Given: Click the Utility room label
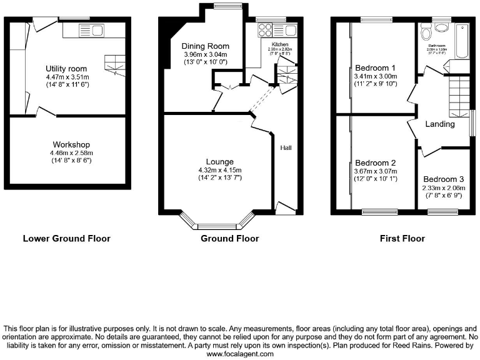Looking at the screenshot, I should point(66,68).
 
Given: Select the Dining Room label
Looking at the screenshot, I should point(206,46).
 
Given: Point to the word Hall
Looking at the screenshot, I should point(286,147).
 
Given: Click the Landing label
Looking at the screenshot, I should point(440,124).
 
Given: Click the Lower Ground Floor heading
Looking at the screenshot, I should point(66,238).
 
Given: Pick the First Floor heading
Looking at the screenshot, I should point(402,238).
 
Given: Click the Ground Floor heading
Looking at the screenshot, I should point(229,238).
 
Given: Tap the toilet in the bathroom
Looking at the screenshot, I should point(427,33).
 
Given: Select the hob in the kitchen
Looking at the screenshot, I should point(264,29).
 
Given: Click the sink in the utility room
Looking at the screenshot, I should point(97,30).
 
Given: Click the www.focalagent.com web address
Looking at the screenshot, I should point(240,354).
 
